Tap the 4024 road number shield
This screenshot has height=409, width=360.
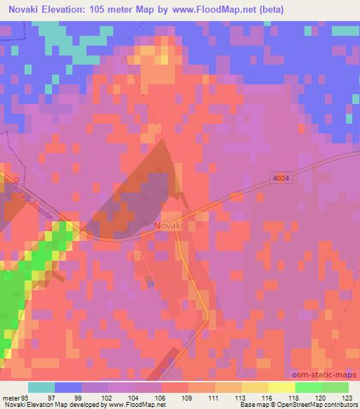[281, 179]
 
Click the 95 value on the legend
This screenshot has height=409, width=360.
[26, 398]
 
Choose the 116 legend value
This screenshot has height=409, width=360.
[268, 398]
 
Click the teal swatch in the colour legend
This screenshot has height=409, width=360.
[41, 387]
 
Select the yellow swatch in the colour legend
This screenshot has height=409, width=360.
[282, 387]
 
